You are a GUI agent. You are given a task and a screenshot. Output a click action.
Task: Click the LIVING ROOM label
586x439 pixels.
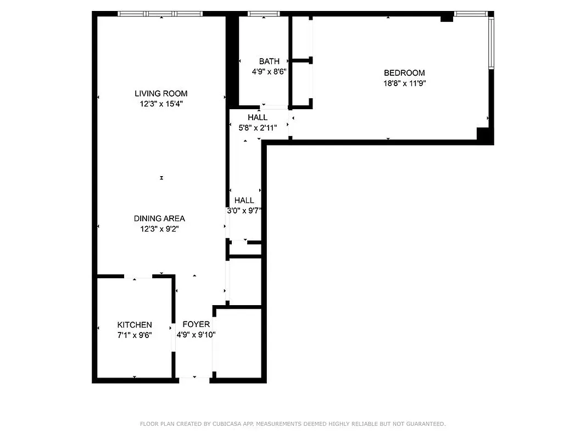[161, 93]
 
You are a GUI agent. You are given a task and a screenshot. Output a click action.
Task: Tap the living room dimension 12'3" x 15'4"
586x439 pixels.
[161, 104]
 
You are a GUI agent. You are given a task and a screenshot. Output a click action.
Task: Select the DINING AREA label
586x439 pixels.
[159, 218]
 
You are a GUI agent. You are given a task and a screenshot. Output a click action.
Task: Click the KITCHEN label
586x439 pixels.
[135, 325]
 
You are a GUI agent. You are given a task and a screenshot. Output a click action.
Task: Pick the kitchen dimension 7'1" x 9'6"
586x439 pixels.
[135, 335]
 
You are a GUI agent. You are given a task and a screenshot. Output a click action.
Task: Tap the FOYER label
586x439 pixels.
[196, 324]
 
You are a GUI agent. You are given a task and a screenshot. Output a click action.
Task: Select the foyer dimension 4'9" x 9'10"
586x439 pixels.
[196, 335]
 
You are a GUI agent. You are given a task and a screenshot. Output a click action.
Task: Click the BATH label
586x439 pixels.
[269, 61]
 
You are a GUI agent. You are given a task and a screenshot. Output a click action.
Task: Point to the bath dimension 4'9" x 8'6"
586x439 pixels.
[269, 72]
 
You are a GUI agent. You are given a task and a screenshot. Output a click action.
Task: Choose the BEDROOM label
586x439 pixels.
[404, 73]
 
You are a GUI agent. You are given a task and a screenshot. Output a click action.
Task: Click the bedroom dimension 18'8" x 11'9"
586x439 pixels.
[405, 83]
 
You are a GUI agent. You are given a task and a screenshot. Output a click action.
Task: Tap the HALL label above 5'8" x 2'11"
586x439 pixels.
[258, 117]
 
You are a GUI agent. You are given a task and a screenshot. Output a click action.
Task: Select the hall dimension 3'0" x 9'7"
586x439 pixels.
[244, 210]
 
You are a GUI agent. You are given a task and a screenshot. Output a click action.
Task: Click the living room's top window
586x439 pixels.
[160, 14]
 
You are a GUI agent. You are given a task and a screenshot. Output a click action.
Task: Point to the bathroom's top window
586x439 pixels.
[265, 14]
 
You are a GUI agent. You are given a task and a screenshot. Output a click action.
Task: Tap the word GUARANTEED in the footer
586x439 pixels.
[425, 424]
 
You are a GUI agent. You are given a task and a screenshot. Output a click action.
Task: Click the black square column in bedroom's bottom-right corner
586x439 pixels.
[483, 135]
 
